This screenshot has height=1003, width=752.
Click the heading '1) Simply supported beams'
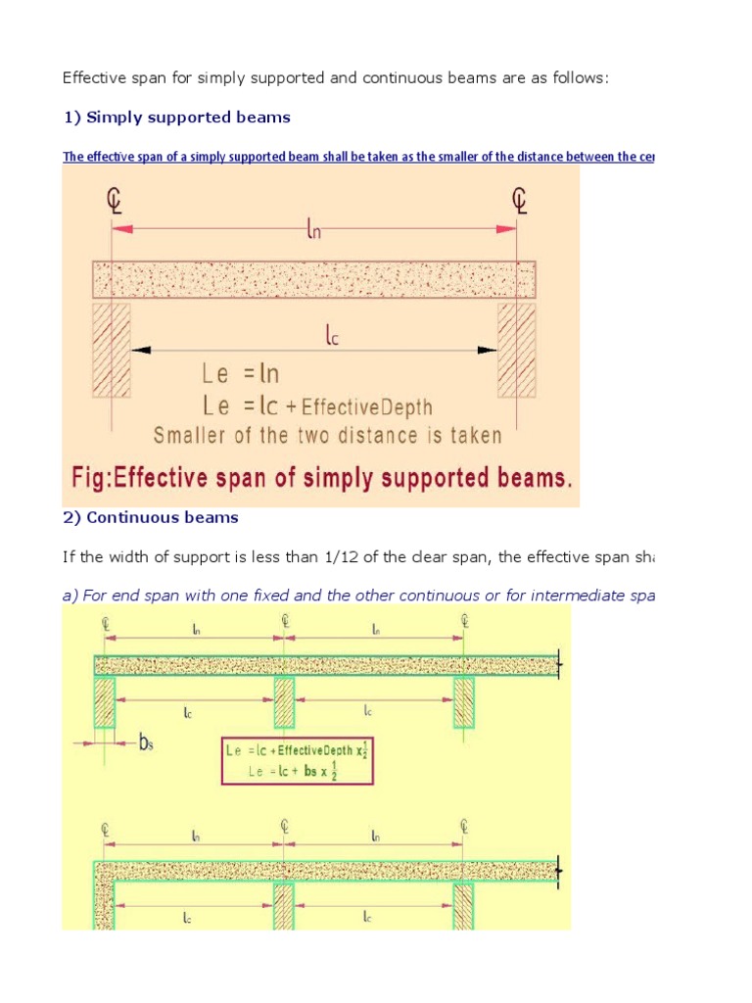coord(176,118)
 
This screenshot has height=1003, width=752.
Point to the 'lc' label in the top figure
coord(332,336)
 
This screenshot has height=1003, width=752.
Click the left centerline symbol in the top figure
coord(113,200)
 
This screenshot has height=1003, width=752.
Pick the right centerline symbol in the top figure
coord(519,200)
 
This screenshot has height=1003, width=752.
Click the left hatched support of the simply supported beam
coord(112,350)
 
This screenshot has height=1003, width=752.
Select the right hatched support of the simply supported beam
coord(517,350)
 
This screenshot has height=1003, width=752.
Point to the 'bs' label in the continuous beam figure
coord(146,743)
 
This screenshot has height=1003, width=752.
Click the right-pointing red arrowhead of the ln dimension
coord(507,228)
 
